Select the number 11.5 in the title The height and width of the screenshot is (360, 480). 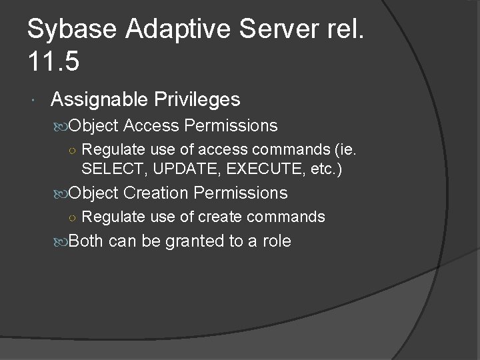(54, 62)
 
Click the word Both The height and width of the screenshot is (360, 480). (86, 241)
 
